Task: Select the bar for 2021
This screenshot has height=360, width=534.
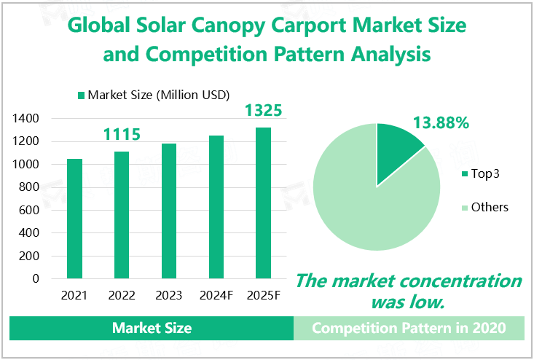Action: [74, 219]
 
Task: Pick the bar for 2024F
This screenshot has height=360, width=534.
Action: [216, 207]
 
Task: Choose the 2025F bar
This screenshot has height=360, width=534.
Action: [263, 203]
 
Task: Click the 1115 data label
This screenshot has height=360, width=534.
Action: [122, 134]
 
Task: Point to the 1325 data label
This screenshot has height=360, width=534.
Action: [263, 111]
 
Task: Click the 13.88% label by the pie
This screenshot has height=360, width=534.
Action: [440, 122]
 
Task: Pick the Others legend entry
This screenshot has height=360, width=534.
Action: [484, 207]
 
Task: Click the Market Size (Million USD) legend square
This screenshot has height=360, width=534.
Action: [81, 95]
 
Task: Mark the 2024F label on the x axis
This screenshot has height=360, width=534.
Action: [216, 296]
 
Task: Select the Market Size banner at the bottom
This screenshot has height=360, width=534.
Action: [152, 328]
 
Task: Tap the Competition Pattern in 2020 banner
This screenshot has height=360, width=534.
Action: [409, 328]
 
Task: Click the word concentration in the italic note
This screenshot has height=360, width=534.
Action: [461, 281]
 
